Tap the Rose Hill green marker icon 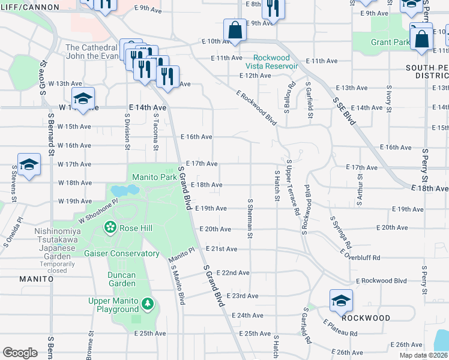point(110,227)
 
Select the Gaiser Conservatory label point(122,254)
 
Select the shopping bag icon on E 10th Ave point(235,30)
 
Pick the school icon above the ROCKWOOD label point(341,301)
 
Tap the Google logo point(20,353)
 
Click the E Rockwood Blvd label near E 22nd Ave point(381,281)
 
